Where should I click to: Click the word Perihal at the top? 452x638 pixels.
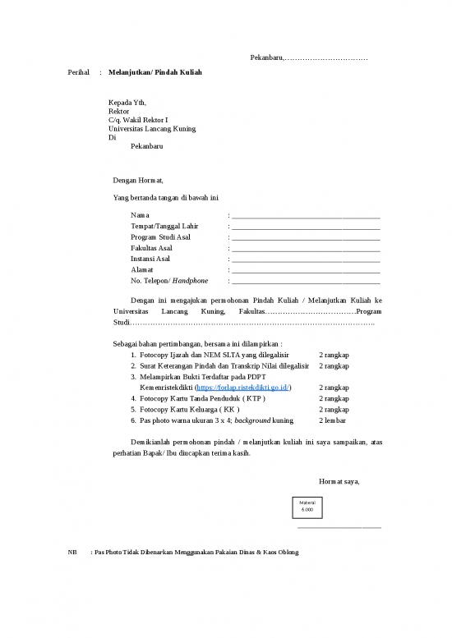click(78, 73)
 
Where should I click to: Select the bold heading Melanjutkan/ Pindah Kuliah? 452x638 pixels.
click(155, 73)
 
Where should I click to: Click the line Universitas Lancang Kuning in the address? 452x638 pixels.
click(152, 129)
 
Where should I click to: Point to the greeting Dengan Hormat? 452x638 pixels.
click(138, 180)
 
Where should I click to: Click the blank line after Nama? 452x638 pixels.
click(306, 216)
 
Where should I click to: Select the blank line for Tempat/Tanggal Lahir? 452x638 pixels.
click(306, 227)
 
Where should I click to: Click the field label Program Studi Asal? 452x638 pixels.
click(161, 237)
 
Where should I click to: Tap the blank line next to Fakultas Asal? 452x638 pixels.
click(306, 249)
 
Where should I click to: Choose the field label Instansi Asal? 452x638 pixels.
click(150, 259)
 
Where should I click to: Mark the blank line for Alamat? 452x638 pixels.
click(306, 270)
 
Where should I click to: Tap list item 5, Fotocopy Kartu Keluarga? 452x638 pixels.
click(190, 409)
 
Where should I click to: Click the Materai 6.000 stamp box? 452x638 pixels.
click(307, 507)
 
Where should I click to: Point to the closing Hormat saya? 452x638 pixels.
click(338, 481)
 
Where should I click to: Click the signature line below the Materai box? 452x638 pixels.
click(339, 527)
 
